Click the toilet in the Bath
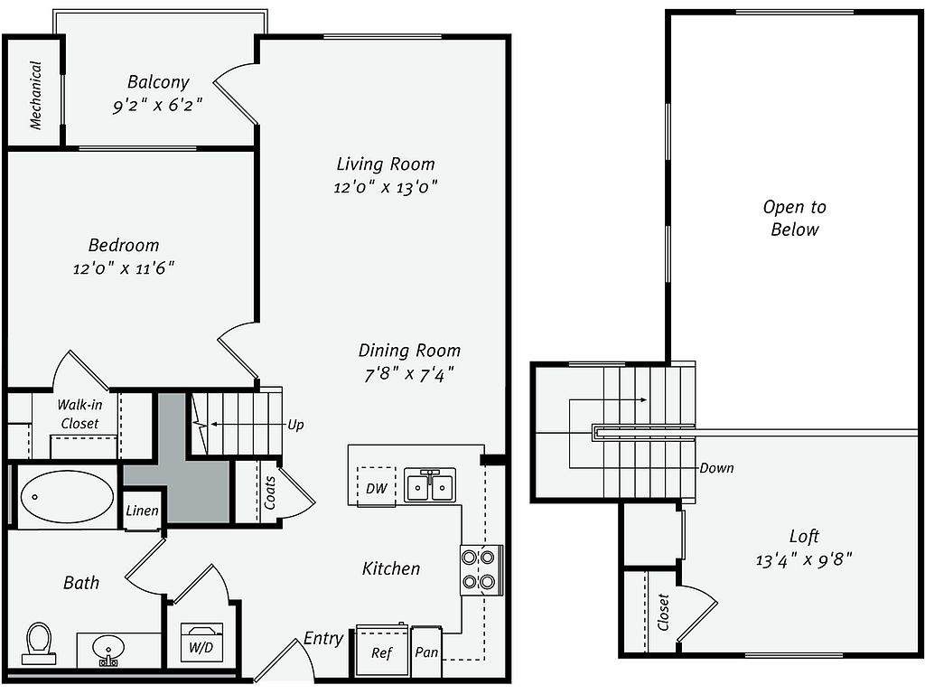(x=39, y=643)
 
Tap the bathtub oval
(x=67, y=496)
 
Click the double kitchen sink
(x=430, y=485)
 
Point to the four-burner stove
(x=479, y=569)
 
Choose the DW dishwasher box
(x=377, y=487)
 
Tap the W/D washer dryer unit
(x=201, y=642)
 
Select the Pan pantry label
(x=426, y=652)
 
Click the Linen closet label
(x=142, y=511)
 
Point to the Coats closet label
(x=269, y=492)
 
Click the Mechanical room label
(x=36, y=95)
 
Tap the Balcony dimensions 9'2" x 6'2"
(x=157, y=106)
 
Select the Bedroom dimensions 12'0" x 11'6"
(x=123, y=268)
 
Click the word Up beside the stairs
(x=295, y=425)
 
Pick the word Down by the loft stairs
(x=716, y=468)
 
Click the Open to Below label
(x=795, y=218)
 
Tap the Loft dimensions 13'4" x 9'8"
(x=804, y=559)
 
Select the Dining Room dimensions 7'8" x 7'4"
(x=409, y=374)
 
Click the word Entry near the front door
(x=323, y=638)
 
